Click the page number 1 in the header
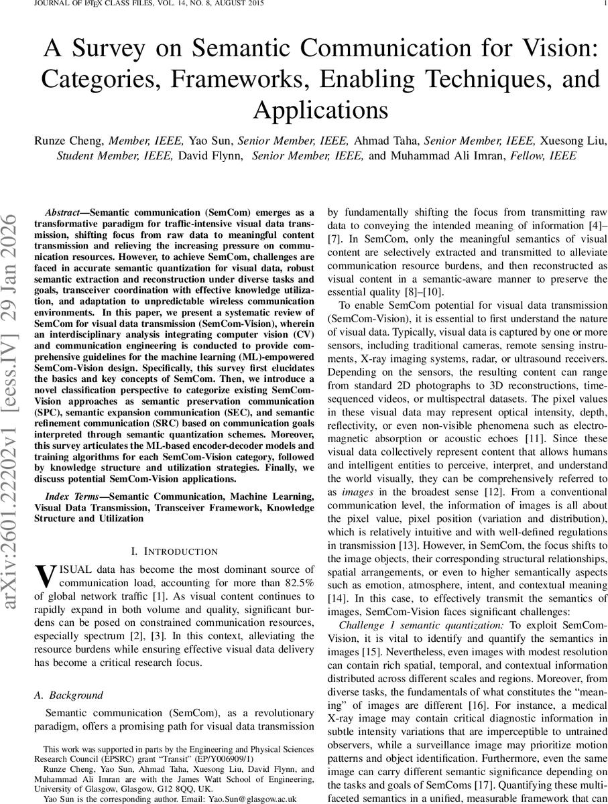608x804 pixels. tap(605, 3)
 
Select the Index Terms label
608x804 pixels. tap(69, 496)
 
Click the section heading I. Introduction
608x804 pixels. tap(174, 551)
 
